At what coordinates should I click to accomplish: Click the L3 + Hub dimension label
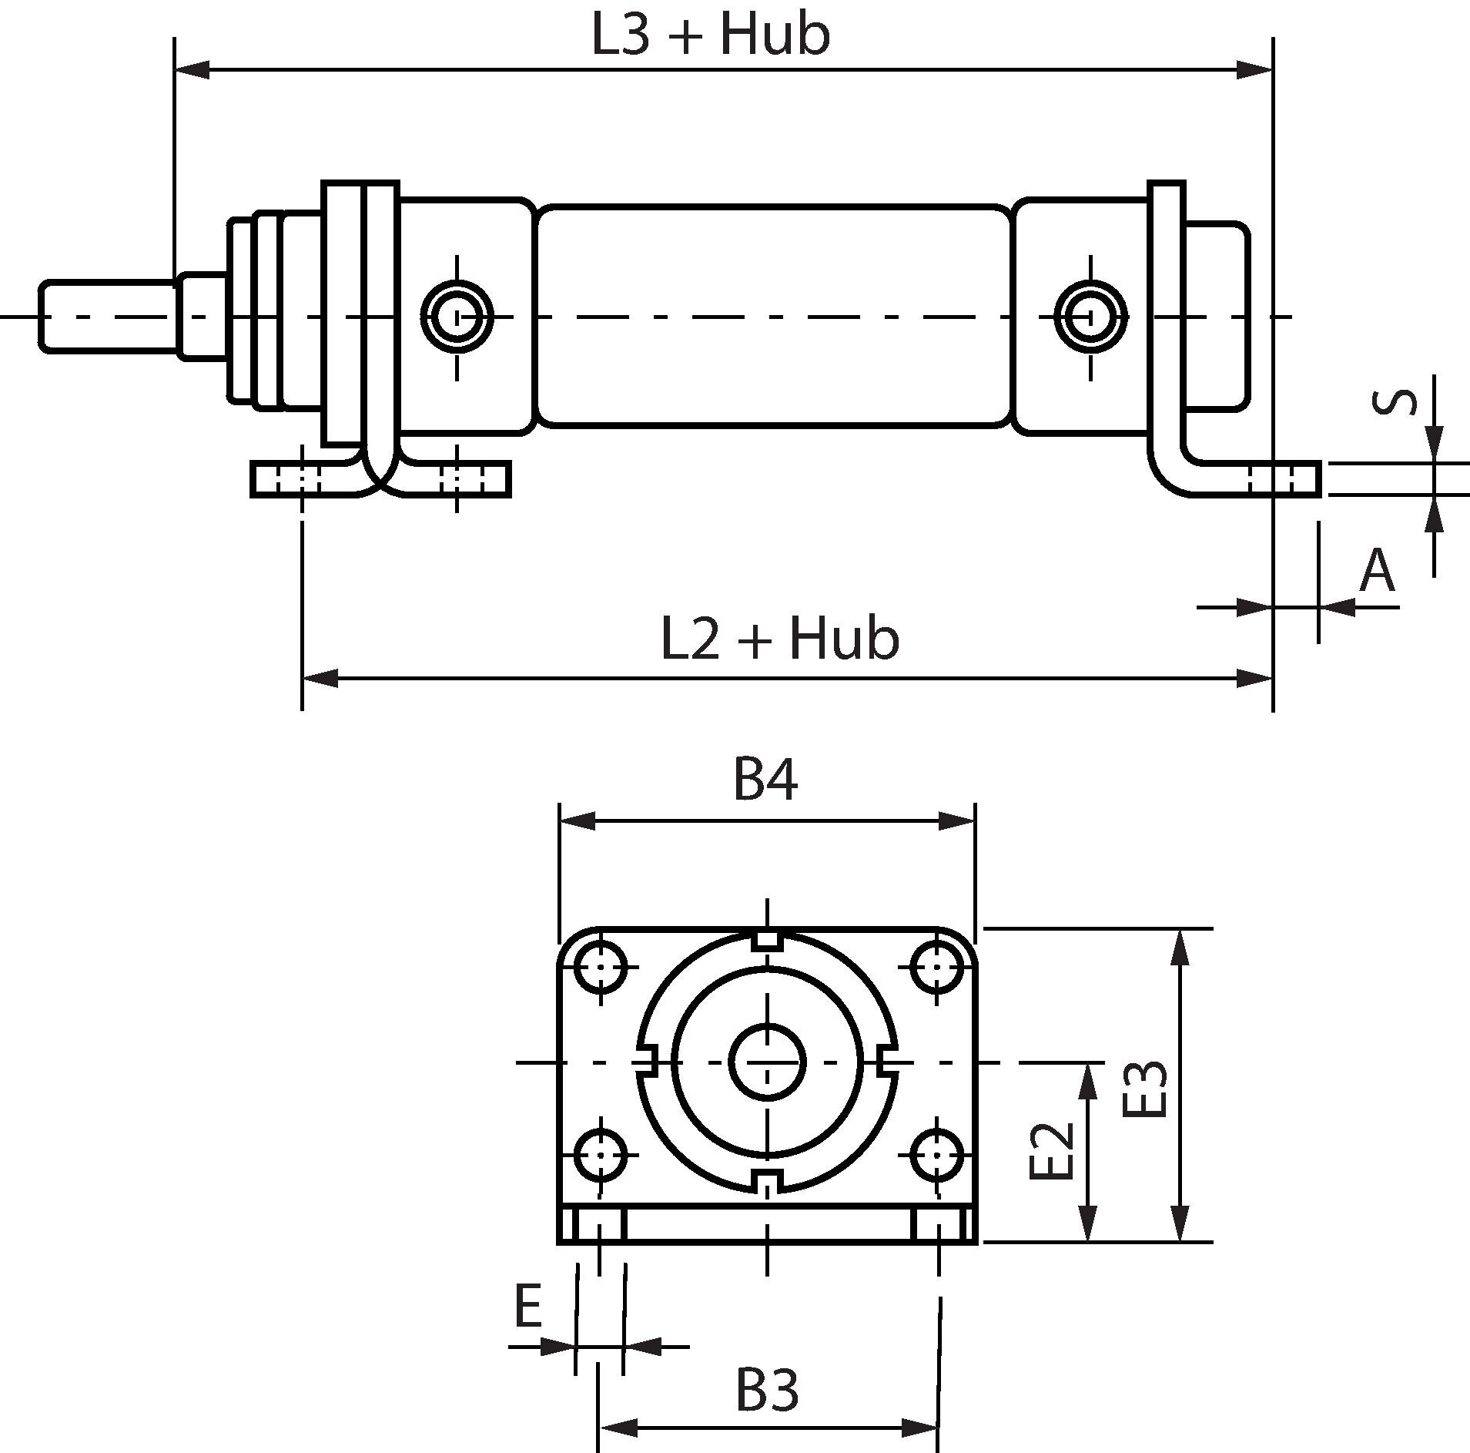[710, 35]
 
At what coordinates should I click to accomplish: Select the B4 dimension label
[765, 780]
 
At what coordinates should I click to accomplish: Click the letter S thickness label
[1395, 403]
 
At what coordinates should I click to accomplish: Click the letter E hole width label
[527, 1306]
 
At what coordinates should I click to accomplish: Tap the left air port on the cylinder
[457, 316]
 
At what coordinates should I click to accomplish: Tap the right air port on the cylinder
[1090, 316]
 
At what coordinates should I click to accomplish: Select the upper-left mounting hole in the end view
[601, 966]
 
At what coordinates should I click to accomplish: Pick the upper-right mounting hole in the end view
[937, 966]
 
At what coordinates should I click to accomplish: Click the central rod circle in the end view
[767, 1062]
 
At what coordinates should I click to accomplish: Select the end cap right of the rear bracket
[1217, 316]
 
